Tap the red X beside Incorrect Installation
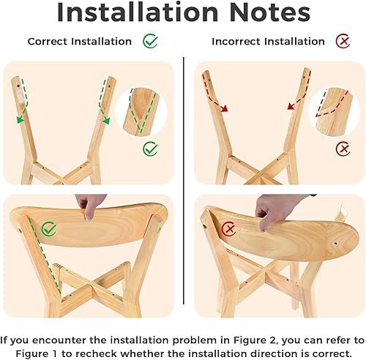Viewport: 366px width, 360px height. (342, 41)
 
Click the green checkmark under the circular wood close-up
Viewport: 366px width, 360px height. (150, 149)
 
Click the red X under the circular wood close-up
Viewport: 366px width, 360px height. (342, 149)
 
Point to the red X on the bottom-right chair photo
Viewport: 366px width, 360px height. (229, 230)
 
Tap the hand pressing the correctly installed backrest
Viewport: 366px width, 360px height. (89, 206)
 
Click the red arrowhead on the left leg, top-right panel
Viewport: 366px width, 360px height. (224, 108)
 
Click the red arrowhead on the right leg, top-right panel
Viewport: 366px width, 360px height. (291, 107)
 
